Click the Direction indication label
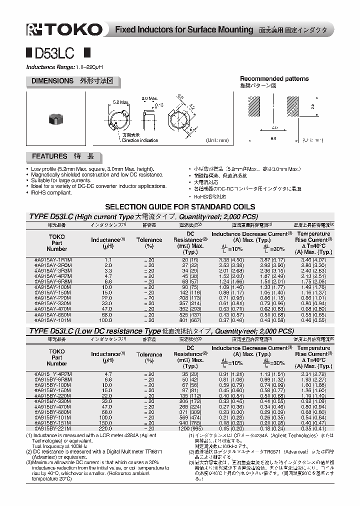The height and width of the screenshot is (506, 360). tap(139, 140)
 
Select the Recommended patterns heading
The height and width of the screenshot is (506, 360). tap(274, 78)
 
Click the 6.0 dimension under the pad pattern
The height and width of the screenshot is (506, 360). tap(273, 138)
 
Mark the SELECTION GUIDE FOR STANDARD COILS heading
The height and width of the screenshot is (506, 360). tap(180, 206)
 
